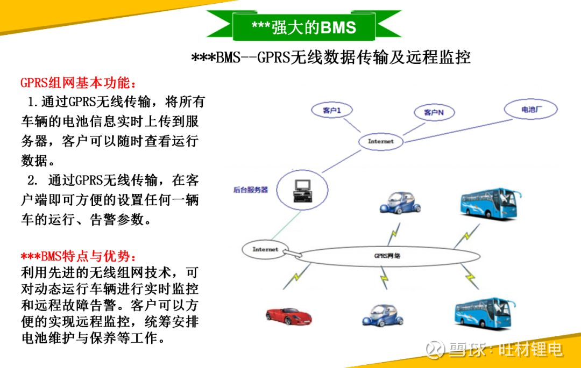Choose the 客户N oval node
[434, 112]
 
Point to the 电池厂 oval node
[531, 109]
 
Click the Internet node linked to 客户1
[380, 141]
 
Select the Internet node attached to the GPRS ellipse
[265, 249]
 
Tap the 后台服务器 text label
[251, 190]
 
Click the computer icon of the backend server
[303, 191]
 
